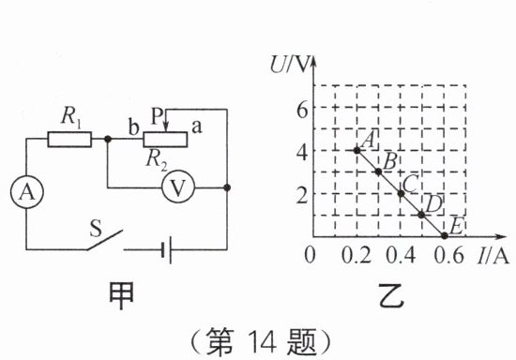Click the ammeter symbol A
pos(26,192)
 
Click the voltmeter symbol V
pos(178,187)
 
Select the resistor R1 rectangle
pos(69,139)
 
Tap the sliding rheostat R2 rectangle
pos(165,139)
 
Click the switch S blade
pos(105,240)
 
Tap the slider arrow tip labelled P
pos(166,131)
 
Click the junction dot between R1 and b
pos(107,139)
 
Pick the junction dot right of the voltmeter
pos(227,187)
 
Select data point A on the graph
pos(357,151)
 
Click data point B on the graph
pos(378,172)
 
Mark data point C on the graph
pos(401,193)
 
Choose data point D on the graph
pos(421,215)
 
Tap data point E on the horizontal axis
pos(445,235)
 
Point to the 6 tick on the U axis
pos(302,110)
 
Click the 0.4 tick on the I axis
pos(401,255)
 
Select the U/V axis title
pos(290,64)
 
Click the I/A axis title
pos(492,255)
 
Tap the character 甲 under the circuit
pos(121,295)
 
